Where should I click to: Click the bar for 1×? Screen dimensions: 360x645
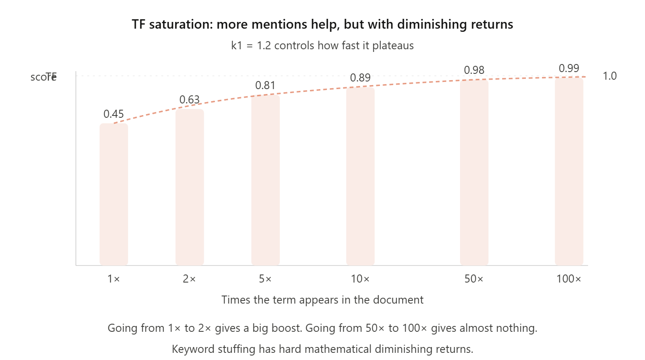pyautogui.click(x=114, y=194)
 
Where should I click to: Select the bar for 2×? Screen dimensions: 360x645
pyautogui.click(x=189, y=187)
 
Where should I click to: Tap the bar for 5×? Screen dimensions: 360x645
pyautogui.click(x=266, y=180)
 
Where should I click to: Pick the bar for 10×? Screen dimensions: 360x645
pyautogui.click(x=360, y=176)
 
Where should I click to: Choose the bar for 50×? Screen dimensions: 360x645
pyautogui.click(x=474, y=172)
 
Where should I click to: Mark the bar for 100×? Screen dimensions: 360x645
pyautogui.click(x=569, y=171)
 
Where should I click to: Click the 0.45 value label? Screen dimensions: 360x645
pyautogui.click(x=114, y=114)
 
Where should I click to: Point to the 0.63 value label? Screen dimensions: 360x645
pyautogui.click(x=189, y=100)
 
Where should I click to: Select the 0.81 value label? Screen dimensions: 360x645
pyautogui.click(x=266, y=86)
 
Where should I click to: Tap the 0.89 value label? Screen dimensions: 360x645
pyautogui.click(x=360, y=78)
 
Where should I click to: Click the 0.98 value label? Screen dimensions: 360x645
pyautogui.click(x=474, y=70)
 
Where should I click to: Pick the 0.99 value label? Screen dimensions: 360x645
pyautogui.click(x=569, y=69)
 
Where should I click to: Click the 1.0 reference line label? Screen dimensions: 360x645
pyautogui.click(x=610, y=76)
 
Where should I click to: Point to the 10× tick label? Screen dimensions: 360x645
pyautogui.click(x=360, y=279)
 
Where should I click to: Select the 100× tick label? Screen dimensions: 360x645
pyautogui.click(x=569, y=279)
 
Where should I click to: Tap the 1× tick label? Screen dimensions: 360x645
pyautogui.click(x=114, y=279)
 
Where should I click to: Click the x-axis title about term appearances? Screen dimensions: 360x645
pyautogui.click(x=322, y=300)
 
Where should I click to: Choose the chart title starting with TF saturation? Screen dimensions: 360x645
pyautogui.click(x=322, y=24)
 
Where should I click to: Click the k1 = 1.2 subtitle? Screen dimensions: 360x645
pyautogui.click(x=322, y=46)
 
